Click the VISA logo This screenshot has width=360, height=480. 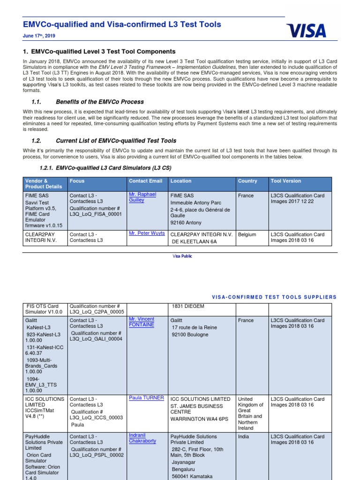tap(306, 30)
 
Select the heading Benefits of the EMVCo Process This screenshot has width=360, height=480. tap(99, 102)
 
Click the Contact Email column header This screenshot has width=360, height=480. tap(145, 181)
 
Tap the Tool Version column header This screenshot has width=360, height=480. tap(286, 181)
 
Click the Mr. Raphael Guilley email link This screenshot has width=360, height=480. tap(142, 197)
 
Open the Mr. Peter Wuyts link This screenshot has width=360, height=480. tap(147, 233)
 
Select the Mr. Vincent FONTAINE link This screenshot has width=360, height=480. tap(141, 322)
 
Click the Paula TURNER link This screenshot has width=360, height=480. tap(146, 397)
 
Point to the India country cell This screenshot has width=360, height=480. tap(244, 436)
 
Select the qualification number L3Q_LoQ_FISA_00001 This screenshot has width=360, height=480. tap(96, 214)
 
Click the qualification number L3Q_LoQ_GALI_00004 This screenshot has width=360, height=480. tap(96, 338)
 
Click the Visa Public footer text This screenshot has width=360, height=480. tap(182, 256)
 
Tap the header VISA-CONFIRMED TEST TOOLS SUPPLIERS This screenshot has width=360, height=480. tap(274, 297)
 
